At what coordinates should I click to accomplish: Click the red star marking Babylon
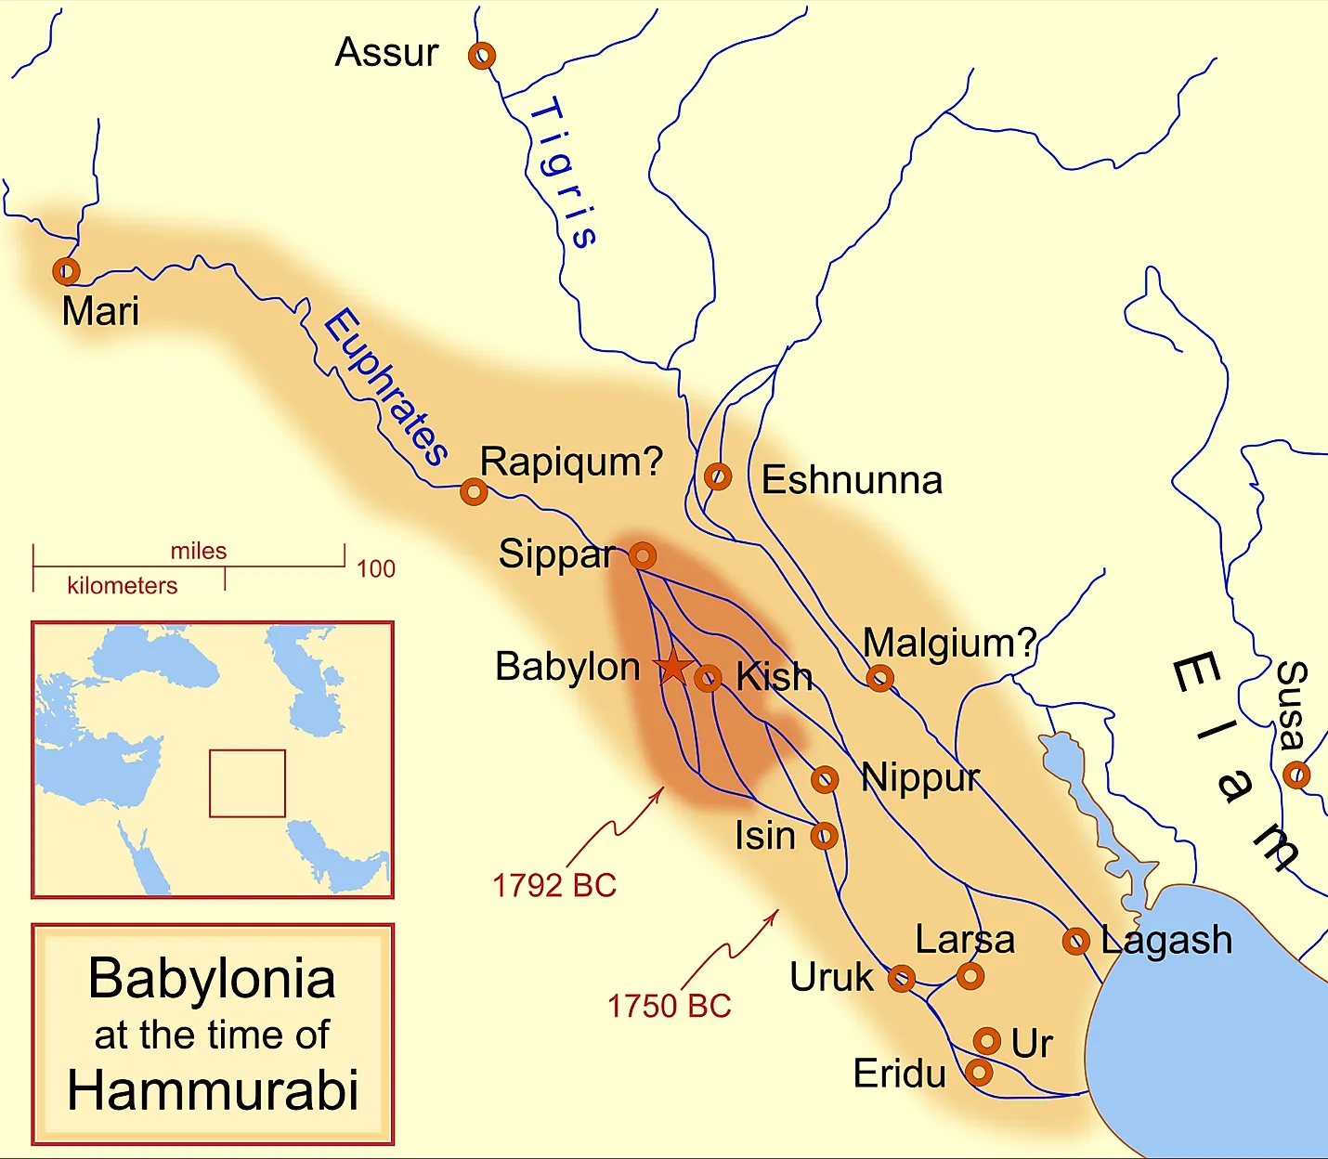pos(672,666)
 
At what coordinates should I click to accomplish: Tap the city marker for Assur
pos(481,56)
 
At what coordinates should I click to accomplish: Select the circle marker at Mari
pos(66,271)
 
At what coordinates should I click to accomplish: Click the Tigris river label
pos(563,173)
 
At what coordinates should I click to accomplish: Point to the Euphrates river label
pos(385,386)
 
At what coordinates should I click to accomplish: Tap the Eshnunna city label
pos(852,480)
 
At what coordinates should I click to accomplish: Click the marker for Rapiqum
pos(474,491)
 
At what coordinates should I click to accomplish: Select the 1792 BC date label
pos(554,886)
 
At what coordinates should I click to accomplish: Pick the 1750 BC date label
pos(669,1006)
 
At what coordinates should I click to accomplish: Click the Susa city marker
pos(1296,775)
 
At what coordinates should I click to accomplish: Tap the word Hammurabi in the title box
pos(213,1090)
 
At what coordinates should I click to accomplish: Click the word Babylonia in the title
pos(213,979)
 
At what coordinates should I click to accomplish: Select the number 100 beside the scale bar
pos(376,568)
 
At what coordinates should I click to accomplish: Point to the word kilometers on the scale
pos(122,586)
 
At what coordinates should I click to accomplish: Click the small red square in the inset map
pos(247,783)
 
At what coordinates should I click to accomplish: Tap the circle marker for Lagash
pos(1075,942)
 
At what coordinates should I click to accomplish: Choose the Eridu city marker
pos(979,1073)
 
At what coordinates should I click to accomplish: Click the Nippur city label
pos(920,777)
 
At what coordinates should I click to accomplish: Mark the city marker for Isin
pos(824,836)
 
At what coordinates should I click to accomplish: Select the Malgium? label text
pos(949,643)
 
